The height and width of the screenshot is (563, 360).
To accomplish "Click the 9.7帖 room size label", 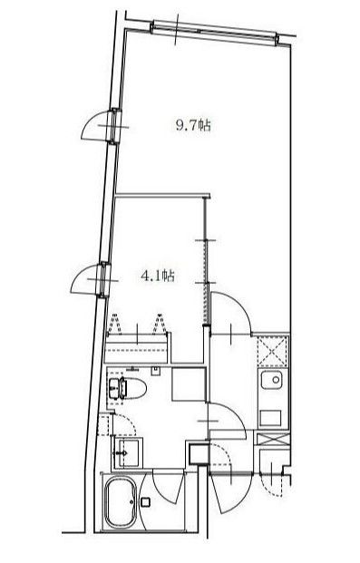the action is pos(193,126).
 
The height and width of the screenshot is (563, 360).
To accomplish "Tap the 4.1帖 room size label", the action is pos(158,276).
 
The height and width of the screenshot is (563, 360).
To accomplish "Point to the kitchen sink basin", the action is pos(271,380).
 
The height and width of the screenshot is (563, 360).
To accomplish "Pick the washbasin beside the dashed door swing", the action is pos(126,452).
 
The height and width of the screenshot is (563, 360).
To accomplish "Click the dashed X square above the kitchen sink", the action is pos(272,351).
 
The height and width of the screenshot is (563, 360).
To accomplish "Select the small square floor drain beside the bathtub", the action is pos(145,501).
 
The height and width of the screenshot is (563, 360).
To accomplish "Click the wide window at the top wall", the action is pos(215,33).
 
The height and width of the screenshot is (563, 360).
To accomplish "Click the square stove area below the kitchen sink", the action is pos(270,418).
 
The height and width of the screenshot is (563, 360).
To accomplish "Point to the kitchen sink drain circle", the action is pos(276,379).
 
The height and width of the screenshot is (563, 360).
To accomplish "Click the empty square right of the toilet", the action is pos(189,384).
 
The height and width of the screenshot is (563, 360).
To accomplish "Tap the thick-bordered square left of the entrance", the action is pos(198,453).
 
